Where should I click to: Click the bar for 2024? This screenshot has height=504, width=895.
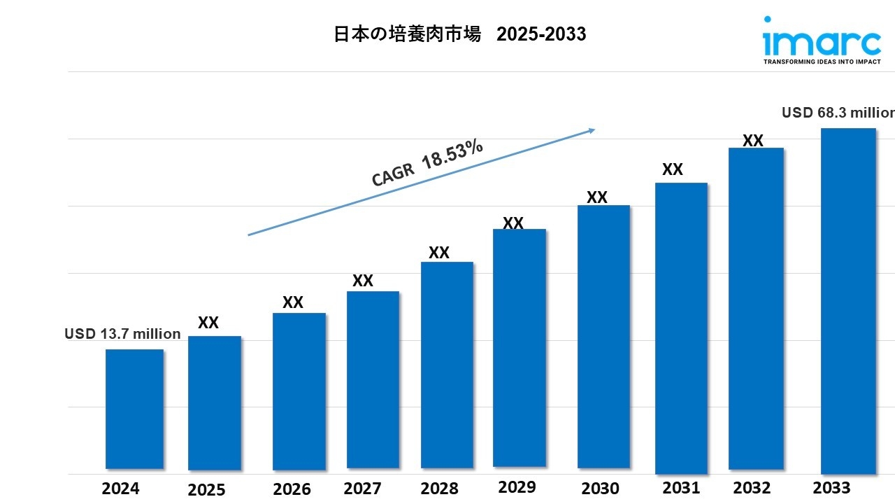tap(134, 409)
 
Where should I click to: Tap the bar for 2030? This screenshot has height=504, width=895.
tap(603, 337)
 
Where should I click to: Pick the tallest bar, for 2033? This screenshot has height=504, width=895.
tap(848, 301)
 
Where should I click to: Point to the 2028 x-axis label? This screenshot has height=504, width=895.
tap(439, 488)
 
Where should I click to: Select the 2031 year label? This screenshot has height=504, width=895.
tap(681, 487)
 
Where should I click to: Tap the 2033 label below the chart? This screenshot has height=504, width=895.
tap(832, 487)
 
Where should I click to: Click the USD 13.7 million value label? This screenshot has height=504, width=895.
tap(122, 334)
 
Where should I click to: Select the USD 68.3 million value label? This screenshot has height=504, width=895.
tap(838, 113)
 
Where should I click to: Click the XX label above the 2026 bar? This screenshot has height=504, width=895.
tap(293, 302)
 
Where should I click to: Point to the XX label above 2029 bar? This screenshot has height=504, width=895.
tap(513, 223)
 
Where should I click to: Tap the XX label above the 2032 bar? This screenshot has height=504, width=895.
tap(752, 141)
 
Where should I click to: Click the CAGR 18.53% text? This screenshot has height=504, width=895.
tap(427, 163)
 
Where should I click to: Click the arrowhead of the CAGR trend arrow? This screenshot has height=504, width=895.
tap(591, 129)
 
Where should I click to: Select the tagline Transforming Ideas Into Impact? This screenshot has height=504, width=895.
tap(822, 62)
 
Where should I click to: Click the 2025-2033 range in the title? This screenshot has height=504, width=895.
tap(541, 34)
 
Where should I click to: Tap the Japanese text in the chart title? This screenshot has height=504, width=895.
tap(408, 34)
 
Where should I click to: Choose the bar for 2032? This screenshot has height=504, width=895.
tap(756, 309)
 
